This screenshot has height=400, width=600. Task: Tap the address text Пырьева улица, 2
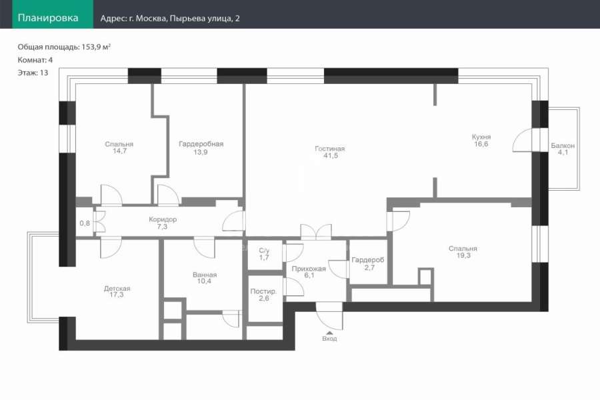[x=205, y=19]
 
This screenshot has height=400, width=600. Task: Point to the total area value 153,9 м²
[x=96, y=47]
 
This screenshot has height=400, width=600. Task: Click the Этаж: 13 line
[x=33, y=73]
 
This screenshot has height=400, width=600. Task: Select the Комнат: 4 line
[x=35, y=60]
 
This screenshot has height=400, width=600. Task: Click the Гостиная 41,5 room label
[x=330, y=152]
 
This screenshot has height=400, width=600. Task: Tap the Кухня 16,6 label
[x=481, y=140]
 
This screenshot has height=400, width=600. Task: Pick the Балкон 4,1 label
[x=563, y=149]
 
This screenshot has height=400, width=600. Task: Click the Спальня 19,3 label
[x=463, y=252]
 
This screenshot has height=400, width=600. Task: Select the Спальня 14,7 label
[x=119, y=147]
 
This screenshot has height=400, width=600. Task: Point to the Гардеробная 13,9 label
[x=201, y=148]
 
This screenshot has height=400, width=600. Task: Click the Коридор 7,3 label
[x=163, y=223]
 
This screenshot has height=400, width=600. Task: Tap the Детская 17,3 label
[x=117, y=291]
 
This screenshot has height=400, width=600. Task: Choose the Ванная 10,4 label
[x=205, y=278]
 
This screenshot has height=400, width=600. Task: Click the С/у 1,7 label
[x=264, y=254]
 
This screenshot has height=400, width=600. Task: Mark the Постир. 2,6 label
[x=263, y=295]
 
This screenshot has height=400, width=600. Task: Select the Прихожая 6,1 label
[x=309, y=272]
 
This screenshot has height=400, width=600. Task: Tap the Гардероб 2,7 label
[x=368, y=264]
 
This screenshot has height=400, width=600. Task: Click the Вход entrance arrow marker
[x=329, y=333]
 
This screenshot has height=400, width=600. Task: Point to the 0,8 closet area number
[x=85, y=223]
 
